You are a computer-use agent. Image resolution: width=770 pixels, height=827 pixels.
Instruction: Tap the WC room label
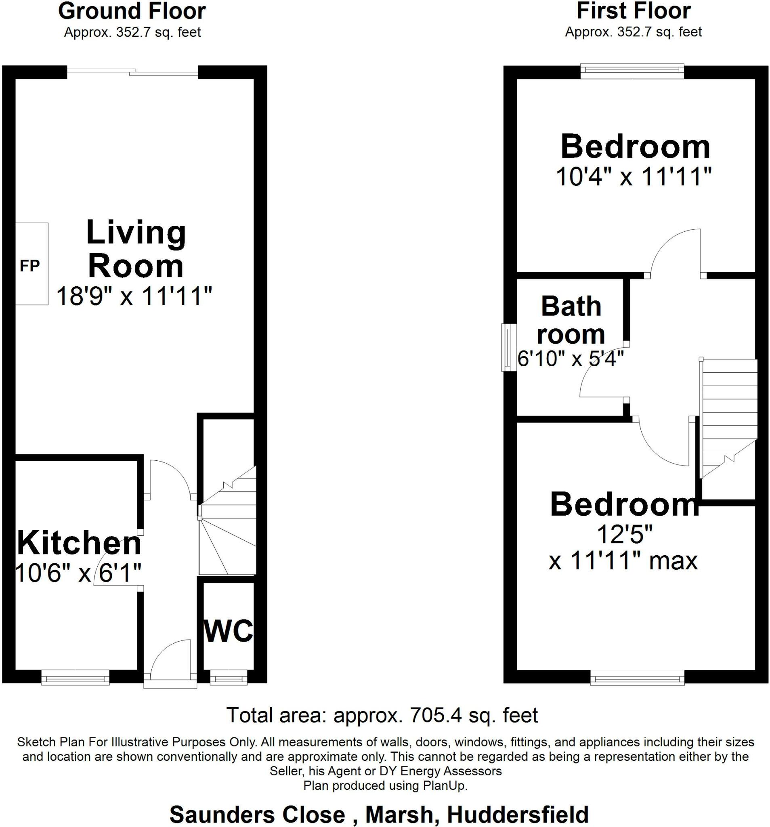pyautogui.click(x=229, y=631)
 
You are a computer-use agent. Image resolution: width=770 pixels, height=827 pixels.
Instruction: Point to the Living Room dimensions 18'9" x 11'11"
pyautogui.click(x=134, y=296)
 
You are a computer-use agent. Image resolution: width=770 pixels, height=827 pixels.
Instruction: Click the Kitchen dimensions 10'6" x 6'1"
pyautogui.click(x=78, y=573)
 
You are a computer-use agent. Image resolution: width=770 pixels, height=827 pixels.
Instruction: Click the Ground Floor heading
pyautogui.click(x=132, y=12)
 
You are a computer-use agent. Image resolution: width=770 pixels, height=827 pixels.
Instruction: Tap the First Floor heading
pyautogui.click(x=633, y=11)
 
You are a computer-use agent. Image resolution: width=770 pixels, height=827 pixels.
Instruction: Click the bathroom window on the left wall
pyautogui.click(x=508, y=347)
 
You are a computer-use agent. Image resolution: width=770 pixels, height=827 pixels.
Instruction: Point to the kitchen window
pyautogui.click(x=75, y=678)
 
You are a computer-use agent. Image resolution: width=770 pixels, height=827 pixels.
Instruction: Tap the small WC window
pyautogui.click(x=229, y=678)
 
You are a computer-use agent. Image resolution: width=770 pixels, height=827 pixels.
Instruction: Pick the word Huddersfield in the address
pyautogui.click(x=518, y=814)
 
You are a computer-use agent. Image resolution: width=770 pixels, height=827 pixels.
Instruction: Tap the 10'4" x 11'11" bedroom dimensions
pyautogui.click(x=633, y=177)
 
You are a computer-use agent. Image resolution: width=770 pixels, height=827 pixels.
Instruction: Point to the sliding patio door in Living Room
pyautogui.click(x=132, y=72)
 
